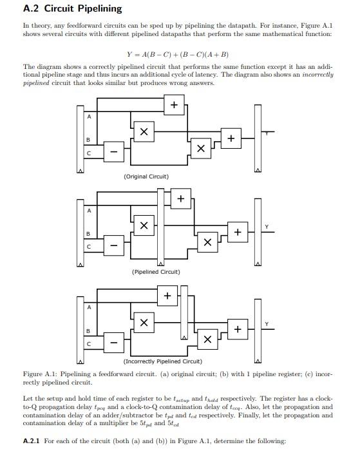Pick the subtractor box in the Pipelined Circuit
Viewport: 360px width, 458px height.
[x=113, y=247]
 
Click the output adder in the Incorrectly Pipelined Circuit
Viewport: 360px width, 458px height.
[x=237, y=329]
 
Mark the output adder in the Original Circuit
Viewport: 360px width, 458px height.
[x=230, y=138]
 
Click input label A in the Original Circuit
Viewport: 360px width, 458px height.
[x=89, y=117]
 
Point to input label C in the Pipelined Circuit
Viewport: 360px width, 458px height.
[x=89, y=247]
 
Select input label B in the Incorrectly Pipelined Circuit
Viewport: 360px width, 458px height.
[x=89, y=331]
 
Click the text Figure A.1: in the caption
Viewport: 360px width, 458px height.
[x=41, y=374]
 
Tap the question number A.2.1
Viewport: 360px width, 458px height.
[x=32, y=441]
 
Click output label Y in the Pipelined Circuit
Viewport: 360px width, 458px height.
[x=266, y=226]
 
